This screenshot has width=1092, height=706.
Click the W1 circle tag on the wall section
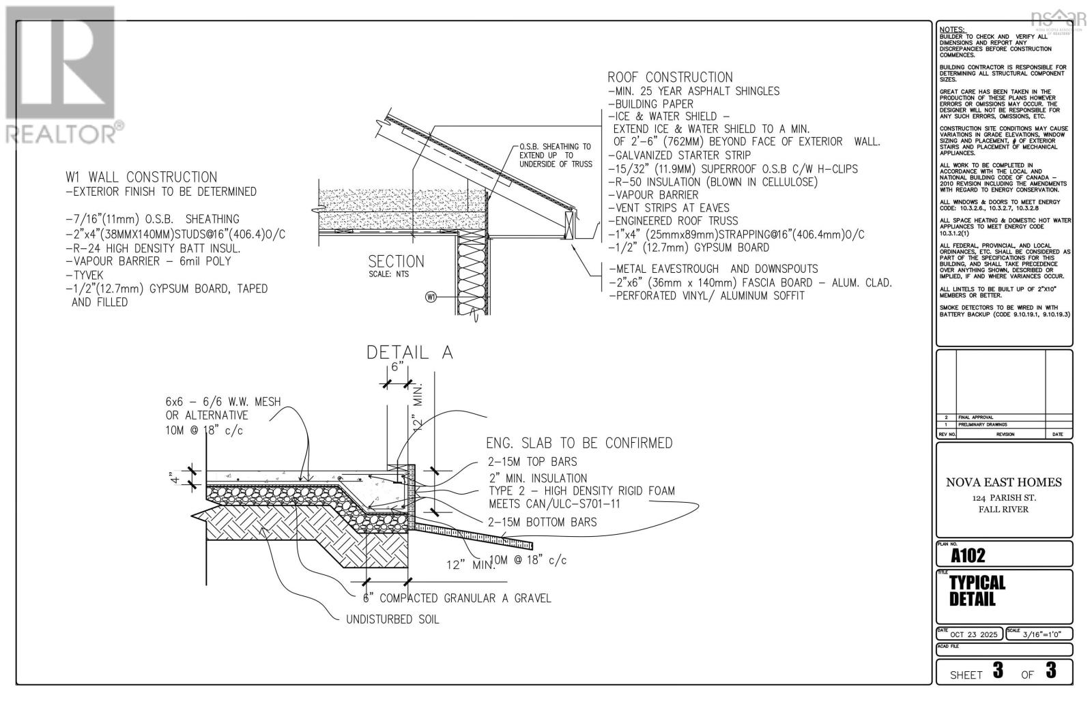pos(430,297)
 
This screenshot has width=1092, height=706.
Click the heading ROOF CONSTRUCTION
pos(670,78)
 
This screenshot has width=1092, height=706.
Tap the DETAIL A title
pos(409,353)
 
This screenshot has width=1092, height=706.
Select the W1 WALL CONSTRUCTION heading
pos(141,177)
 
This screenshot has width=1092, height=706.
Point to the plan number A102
pos(968,555)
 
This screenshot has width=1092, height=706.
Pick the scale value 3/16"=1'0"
pos(1043,634)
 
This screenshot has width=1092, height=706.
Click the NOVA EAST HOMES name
pos(1003,482)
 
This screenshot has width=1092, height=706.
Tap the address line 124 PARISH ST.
pos(1003,497)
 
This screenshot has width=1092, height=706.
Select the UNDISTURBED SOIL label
pos(392,619)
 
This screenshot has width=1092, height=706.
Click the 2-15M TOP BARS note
pos(532,462)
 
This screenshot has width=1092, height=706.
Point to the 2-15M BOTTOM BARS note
pos(542,522)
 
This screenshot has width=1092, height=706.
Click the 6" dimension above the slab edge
pos(396,366)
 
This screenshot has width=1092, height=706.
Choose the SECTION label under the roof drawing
pos(396,262)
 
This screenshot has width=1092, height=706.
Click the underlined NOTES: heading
pos(952,30)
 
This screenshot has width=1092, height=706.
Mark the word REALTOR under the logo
pos(61,134)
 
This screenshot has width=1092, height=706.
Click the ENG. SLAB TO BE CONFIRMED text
pos(579,443)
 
